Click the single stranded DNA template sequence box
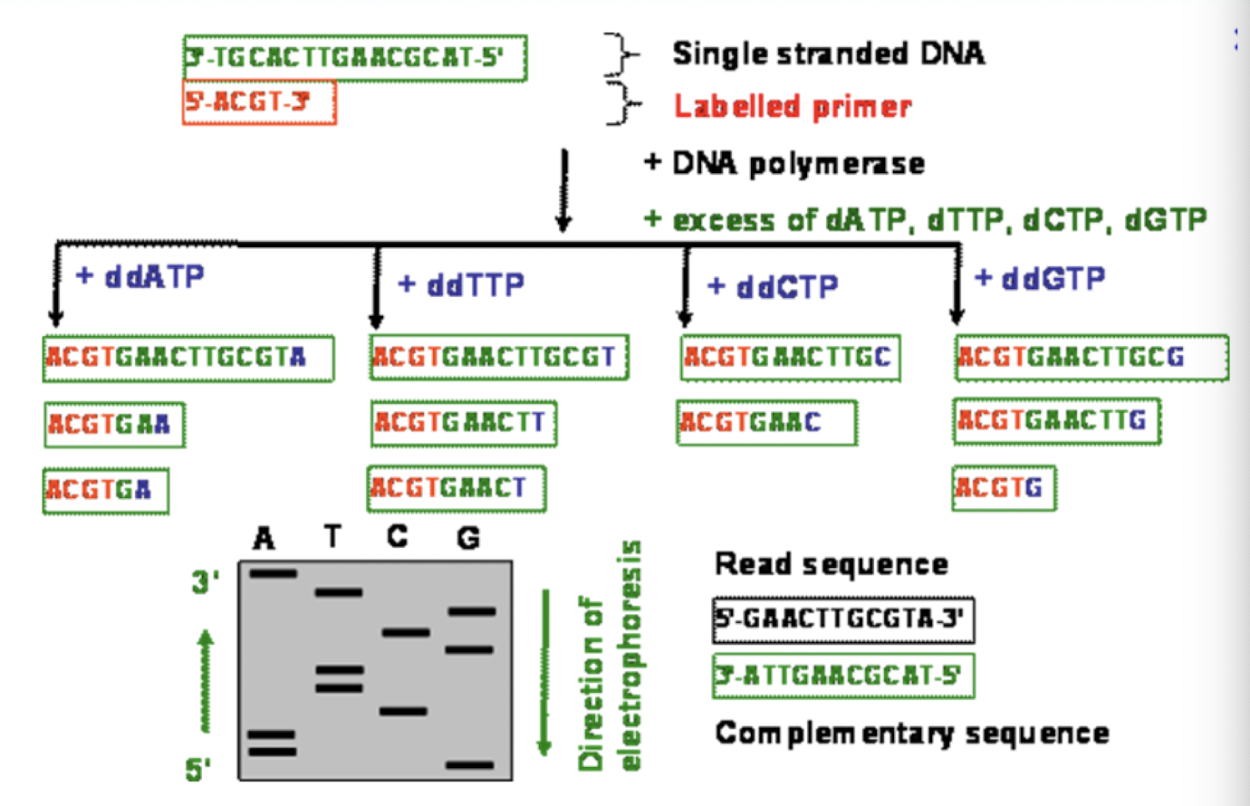354,59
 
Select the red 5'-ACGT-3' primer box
259,102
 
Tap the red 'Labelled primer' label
793,107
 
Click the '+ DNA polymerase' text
784,164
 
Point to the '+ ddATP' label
140,276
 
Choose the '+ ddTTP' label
461,285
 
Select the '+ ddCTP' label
773,287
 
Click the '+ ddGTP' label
1039,278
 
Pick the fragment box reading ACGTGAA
114,425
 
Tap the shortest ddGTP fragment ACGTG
1004,488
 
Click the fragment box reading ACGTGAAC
765,423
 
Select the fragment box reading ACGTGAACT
457,489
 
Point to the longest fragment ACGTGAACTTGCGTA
187,358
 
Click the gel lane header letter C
397,537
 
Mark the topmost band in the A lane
273,573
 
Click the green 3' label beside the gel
205,582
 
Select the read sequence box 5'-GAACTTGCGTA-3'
843,620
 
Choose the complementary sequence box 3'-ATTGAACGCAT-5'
843,676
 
